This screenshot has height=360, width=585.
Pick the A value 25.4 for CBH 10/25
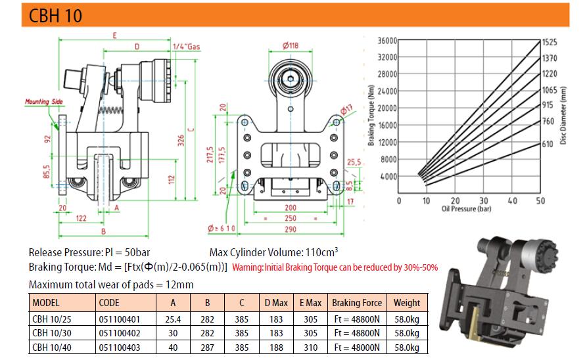(x=172, y=319)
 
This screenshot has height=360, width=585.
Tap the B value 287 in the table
(x=208, y=348)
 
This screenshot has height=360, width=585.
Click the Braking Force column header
(x=357, y=303)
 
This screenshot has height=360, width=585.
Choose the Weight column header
(x=406, y=303)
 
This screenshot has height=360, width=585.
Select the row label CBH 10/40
(x=50, y=348)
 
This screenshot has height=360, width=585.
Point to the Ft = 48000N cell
(x=358, y=348)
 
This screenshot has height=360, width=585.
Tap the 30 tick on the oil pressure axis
(x=484, y=201)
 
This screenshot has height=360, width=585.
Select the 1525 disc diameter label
(x=549, y=42)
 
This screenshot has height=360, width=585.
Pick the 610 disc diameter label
(x=548, y=144)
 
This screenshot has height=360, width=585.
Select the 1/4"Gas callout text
(x=186, y=47)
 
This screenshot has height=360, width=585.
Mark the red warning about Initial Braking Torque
(x=335, y=268)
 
